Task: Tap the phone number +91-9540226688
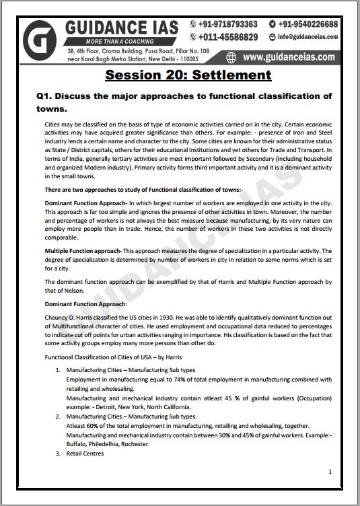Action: (317, 24)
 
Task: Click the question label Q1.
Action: (45, 96)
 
